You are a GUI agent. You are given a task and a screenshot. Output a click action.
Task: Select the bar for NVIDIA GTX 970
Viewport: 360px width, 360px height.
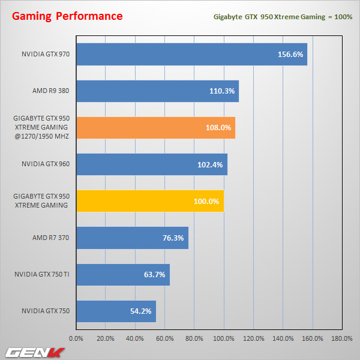point(191,54)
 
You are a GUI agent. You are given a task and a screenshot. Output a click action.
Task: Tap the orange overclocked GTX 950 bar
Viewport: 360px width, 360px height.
point(155,128)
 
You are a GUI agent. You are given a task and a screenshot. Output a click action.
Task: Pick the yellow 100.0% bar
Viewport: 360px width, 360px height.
point(149,201)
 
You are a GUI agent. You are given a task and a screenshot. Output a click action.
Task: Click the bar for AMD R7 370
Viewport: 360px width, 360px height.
point(132,238)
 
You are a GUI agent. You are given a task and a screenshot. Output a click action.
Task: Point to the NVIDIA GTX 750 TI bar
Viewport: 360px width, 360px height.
point(122,275)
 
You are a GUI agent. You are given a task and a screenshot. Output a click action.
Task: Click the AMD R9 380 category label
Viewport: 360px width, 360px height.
point(50,91)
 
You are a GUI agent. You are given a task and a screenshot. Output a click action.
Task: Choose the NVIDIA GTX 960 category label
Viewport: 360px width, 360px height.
point(46,164)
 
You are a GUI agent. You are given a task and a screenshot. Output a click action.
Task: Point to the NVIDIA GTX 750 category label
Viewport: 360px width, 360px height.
point(46,311)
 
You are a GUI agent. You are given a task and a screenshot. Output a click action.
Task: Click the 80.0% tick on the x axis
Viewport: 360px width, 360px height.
point(194,338)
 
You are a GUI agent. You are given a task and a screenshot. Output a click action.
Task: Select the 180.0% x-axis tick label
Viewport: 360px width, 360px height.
point(341,338)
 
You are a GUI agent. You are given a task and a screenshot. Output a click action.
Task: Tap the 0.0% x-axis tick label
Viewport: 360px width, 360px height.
point(76,338)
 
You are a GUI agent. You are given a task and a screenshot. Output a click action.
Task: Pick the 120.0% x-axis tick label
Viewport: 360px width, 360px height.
point(253,338)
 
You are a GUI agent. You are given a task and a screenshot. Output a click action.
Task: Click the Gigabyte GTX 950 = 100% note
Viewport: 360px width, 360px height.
point(283,16)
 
